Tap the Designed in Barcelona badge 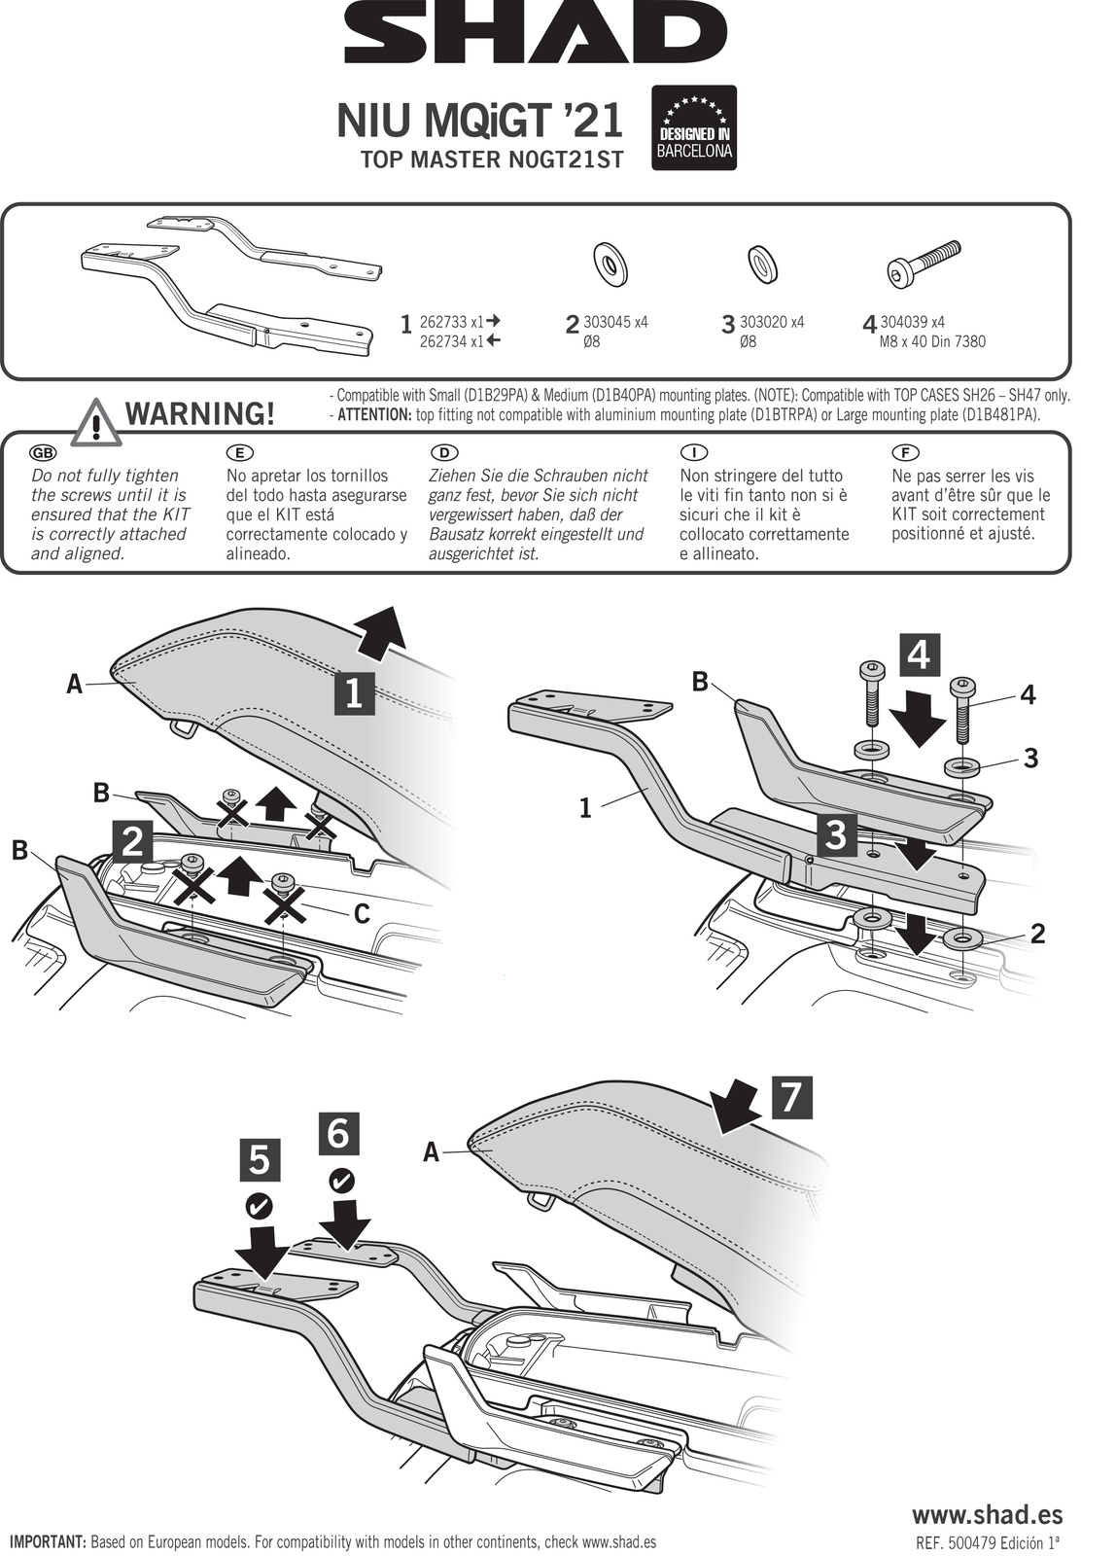click(x=693, y=128)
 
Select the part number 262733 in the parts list click(x=442, y=322)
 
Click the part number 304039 click(x=900, y=322)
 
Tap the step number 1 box click(x=354, y=693)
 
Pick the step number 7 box click(x=790, y=1096)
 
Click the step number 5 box click(x=260, y=1161)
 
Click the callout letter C click(x=362, y=913)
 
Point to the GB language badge click(x=44, y=453)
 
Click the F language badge click(x=904, y=453)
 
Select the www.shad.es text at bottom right click(x=986, y=1514)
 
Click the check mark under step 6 click(x=341, y=1181)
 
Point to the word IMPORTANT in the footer click(x=48, y=1542)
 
